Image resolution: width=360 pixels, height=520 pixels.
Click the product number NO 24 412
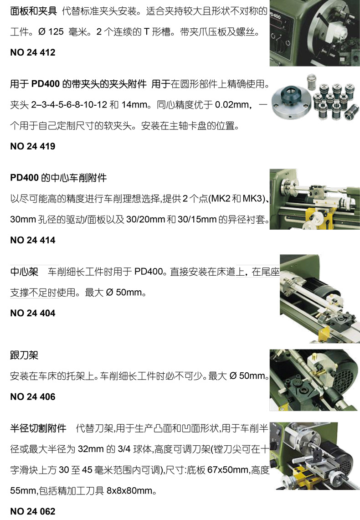pyautogui.click(x=32, y=52)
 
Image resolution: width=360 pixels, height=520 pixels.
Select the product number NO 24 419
pyautogui.click(x=32, y=146)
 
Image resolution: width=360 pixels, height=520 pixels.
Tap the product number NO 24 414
pyautogui.click(x=32, y=240)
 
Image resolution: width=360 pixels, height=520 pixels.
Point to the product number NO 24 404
pyautogui.click(x=32, y=313)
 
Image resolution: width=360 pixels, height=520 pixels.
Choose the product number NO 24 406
pyautogui.click(x=32, y=397)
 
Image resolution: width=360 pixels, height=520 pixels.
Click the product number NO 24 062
pyautogui.click(x=32, y=511)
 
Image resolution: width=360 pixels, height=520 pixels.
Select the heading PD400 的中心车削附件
pyautogui.click(x=58, y=178)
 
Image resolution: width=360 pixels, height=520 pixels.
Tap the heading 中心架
pyautogui.click(x=22, y=272)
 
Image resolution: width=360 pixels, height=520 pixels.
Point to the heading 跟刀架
pyautogui.click(x=22, y=355)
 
